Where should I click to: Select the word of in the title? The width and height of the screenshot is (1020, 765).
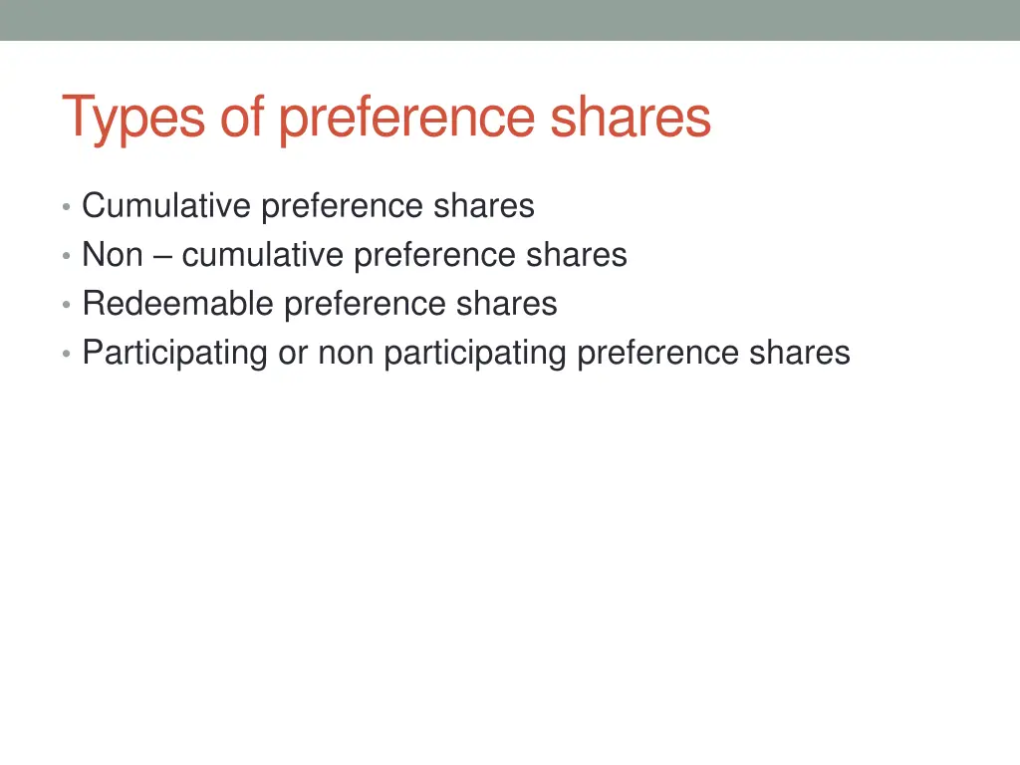coord(243,118)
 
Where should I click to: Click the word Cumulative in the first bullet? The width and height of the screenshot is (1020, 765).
coord(166,206)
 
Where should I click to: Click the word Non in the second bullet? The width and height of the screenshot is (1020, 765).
coord(113,255)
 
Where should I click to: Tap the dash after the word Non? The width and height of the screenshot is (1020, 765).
coord(162,256)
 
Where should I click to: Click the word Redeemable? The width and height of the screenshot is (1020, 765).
coord(178,304)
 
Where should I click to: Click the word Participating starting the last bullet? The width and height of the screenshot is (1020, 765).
coord(174,353)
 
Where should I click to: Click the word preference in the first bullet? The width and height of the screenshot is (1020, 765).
coord(342,206)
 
